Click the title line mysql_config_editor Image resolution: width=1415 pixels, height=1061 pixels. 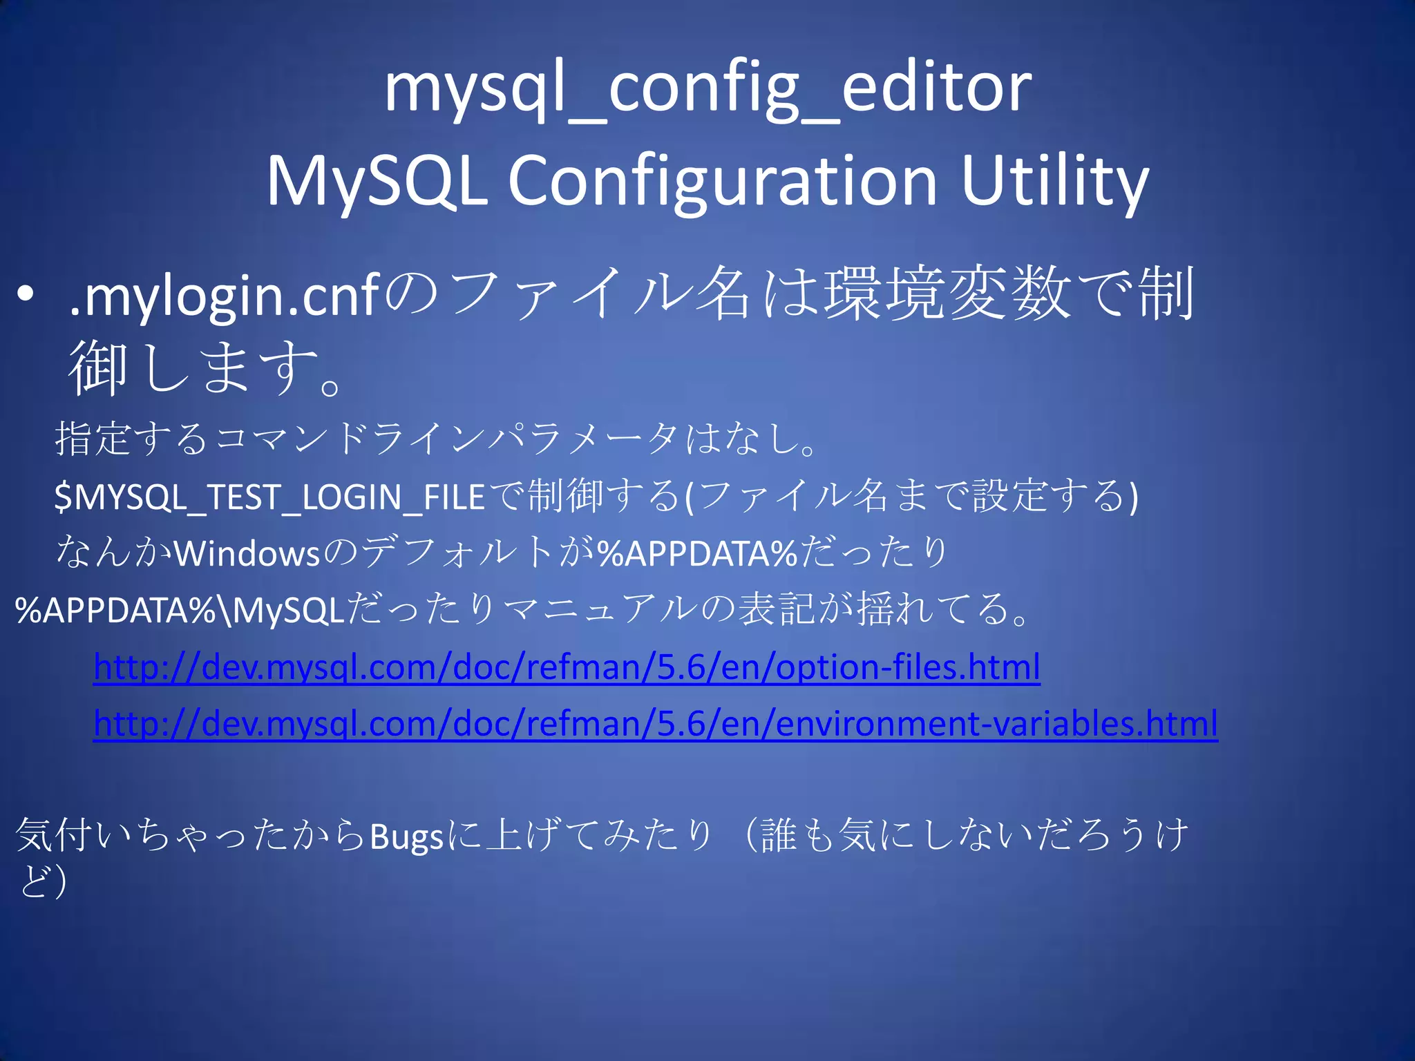pos(707,90)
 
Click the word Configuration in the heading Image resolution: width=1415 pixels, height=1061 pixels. pos(723,181)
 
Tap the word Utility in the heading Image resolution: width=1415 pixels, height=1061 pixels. pos(1054,181)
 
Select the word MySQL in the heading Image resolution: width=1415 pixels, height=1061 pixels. pos(377,181)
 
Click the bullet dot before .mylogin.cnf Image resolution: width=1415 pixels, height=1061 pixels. pos(26,295)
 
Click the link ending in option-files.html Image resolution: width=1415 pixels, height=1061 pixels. pos(567,667)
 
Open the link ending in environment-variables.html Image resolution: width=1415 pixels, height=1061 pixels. pos(655,724)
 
